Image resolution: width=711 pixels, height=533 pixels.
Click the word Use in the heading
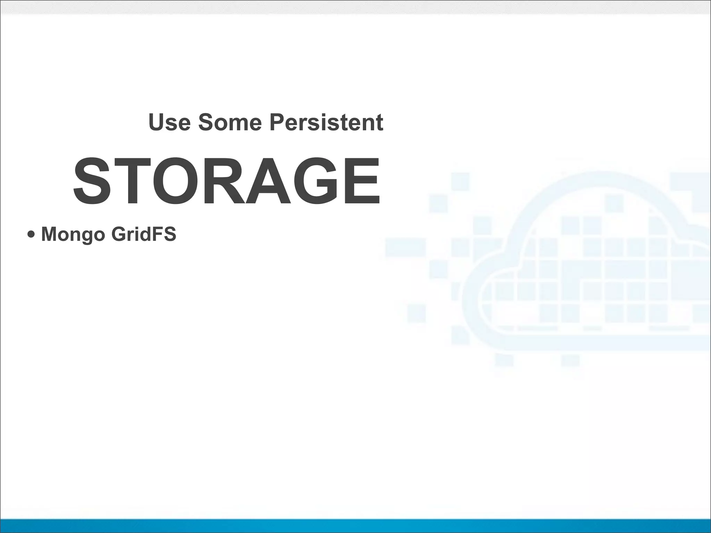169,122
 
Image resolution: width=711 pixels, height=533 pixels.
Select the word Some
229,122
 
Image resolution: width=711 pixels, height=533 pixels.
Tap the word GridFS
144,234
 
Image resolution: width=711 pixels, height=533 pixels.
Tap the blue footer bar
355,526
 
